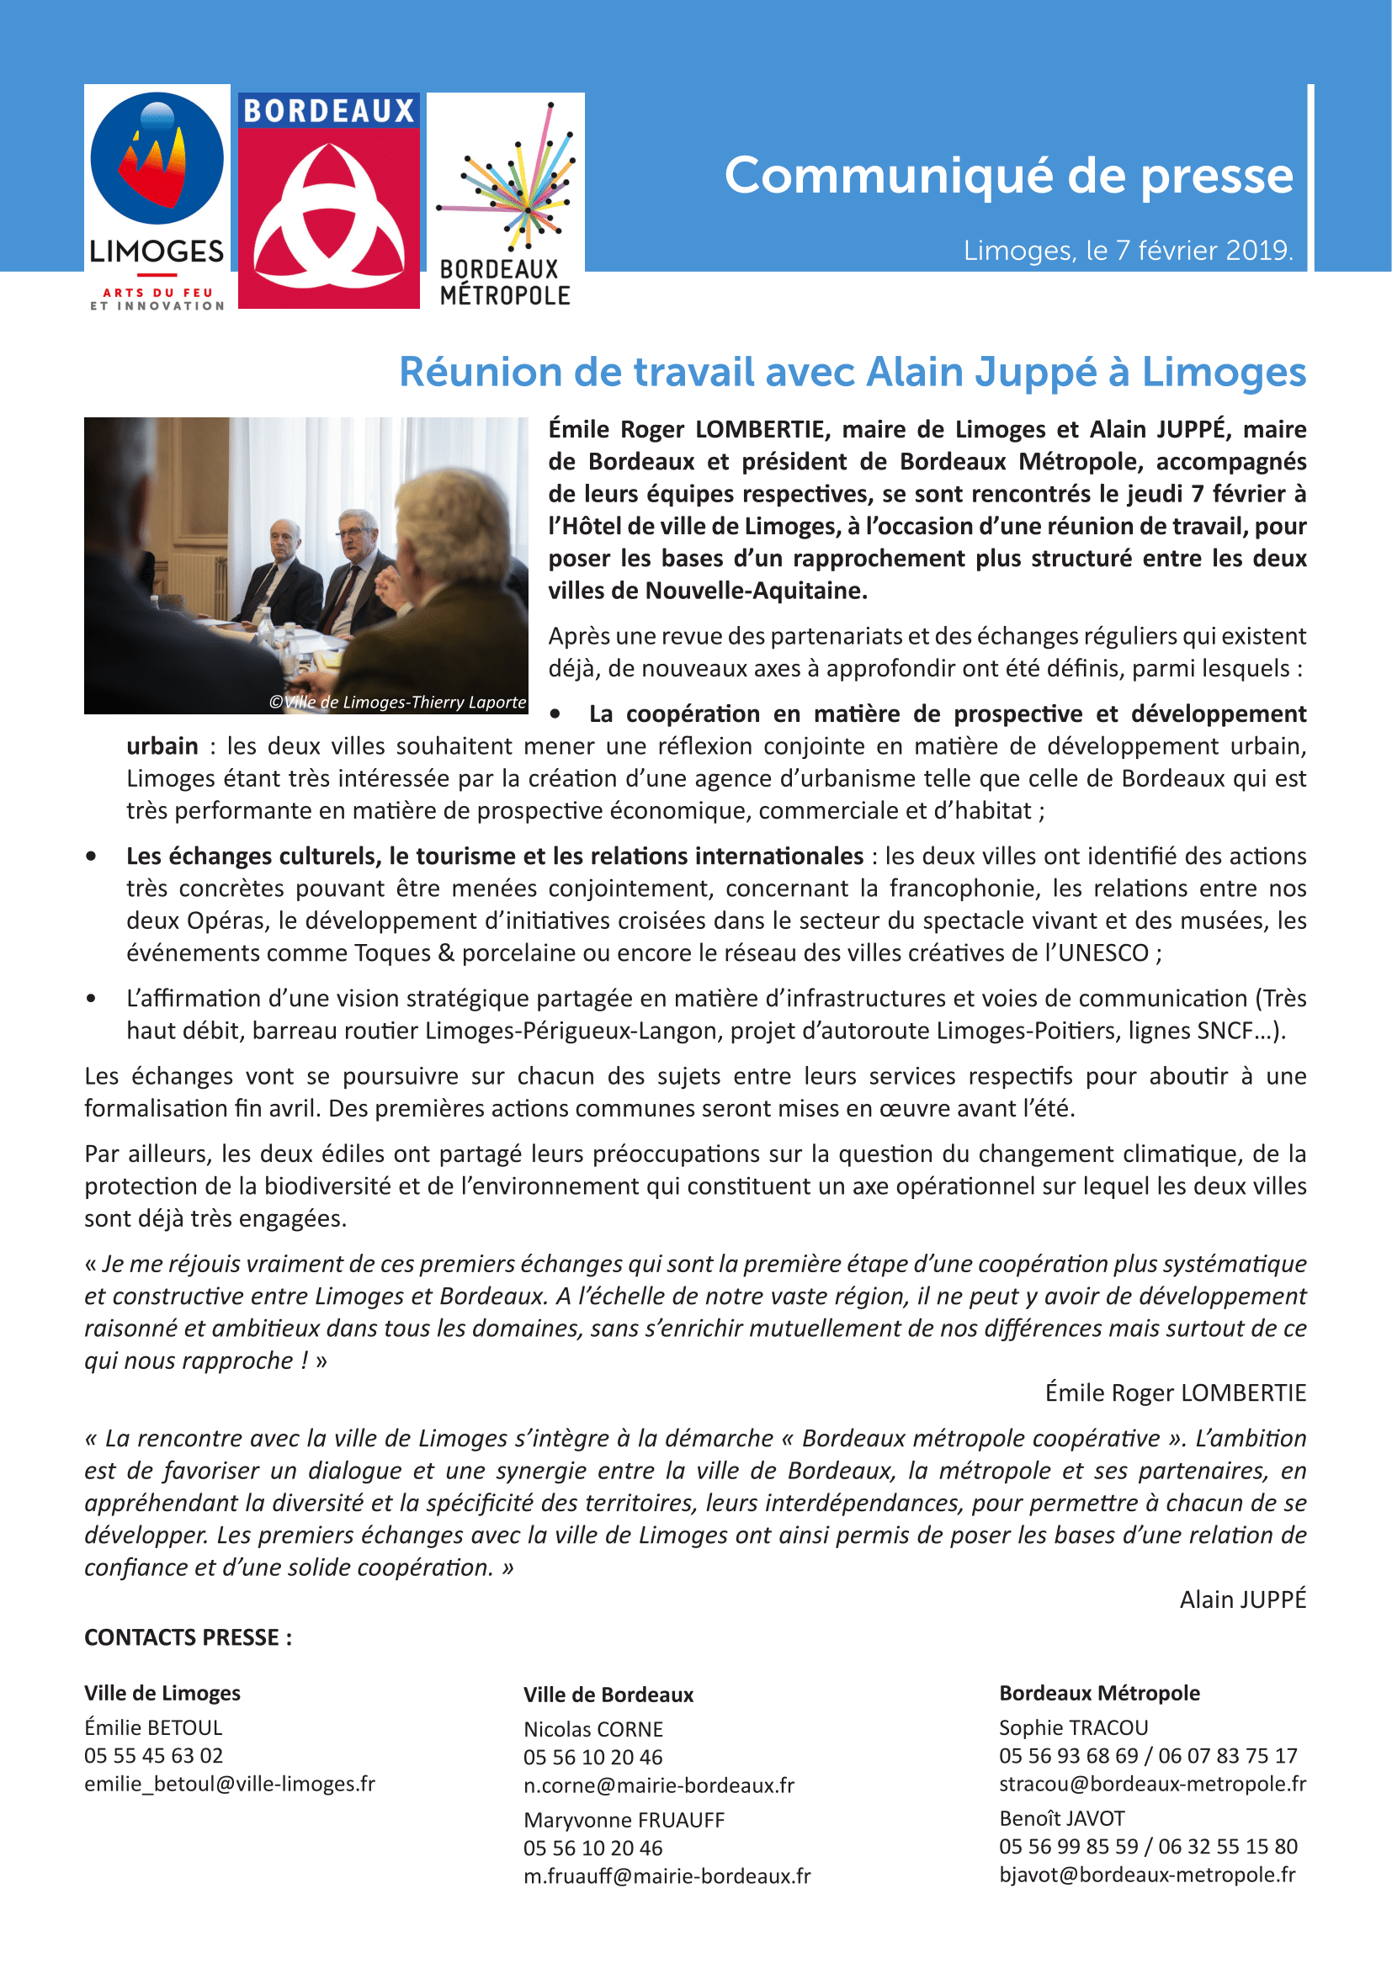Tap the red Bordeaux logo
(x=328, y=200)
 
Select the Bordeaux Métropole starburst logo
(x=506, y=200)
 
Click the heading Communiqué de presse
(x=1008, y=176)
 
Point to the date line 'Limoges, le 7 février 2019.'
(x=1128, y=250)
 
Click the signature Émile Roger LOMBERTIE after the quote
(x=1175, y=1392)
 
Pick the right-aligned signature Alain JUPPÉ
(x=1242, y=1599)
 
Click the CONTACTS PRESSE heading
(x=188, y=1637)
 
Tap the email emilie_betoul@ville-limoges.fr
(x=230, y=1784)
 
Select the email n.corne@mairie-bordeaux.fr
(x=658, y=1785)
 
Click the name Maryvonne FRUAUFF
(x=624, y=1820)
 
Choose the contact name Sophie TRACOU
(x=1073, y=1727)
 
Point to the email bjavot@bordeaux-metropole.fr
(x=1147, y=1875)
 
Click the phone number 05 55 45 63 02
(x=153, y=1755)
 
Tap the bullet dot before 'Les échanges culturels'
(x=91, y=857)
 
